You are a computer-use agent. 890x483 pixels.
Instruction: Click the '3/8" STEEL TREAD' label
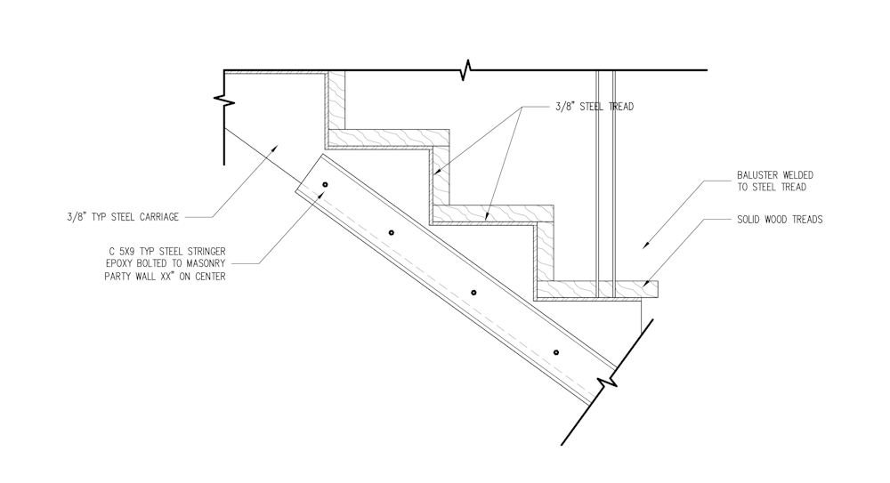(595, 107)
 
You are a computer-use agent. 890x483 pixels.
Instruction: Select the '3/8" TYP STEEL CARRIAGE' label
(123, 217)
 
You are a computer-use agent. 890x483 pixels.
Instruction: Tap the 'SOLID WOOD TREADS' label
(780, 220)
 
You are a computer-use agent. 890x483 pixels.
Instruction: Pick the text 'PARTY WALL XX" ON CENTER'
(165, 277)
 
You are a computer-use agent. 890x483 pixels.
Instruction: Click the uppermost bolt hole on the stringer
(325, 184)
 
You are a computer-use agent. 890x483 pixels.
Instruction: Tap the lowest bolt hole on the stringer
(556, 352)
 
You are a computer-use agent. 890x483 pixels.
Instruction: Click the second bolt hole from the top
(391, 233)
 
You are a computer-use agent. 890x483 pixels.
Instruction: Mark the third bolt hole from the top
(474, 293)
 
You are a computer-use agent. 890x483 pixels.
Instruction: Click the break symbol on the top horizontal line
(466, 69)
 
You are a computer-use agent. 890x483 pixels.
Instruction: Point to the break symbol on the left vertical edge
(224, 101)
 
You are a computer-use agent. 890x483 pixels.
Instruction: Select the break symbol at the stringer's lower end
(606, 381)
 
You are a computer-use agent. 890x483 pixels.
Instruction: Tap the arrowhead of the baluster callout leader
(646, 246)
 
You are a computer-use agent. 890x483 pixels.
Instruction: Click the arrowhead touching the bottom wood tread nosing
(648, 282)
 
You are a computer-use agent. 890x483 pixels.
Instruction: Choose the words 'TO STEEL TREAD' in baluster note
(772, 188)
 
